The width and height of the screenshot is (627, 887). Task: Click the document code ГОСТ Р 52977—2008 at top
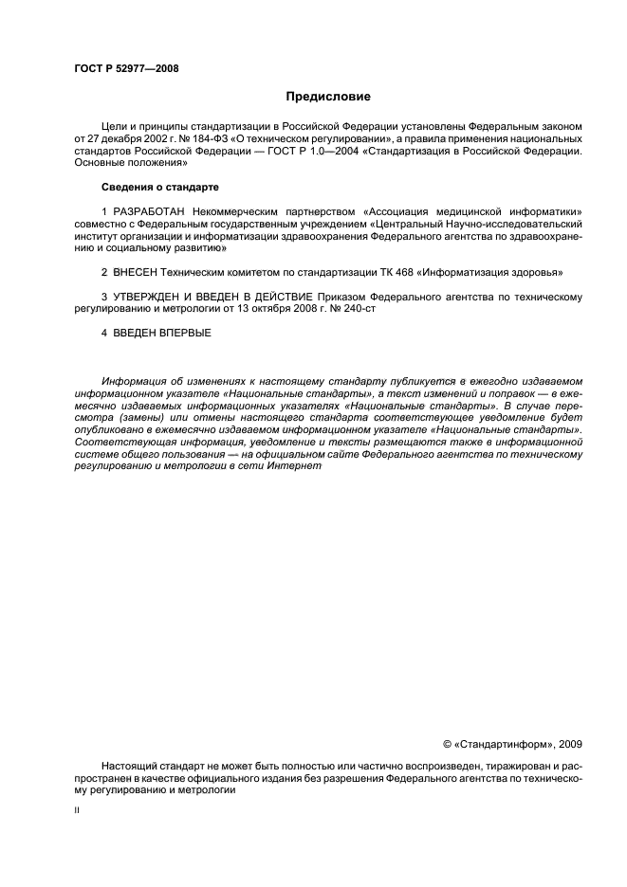[126, 68]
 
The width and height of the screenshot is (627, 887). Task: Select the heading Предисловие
[328, 97]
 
